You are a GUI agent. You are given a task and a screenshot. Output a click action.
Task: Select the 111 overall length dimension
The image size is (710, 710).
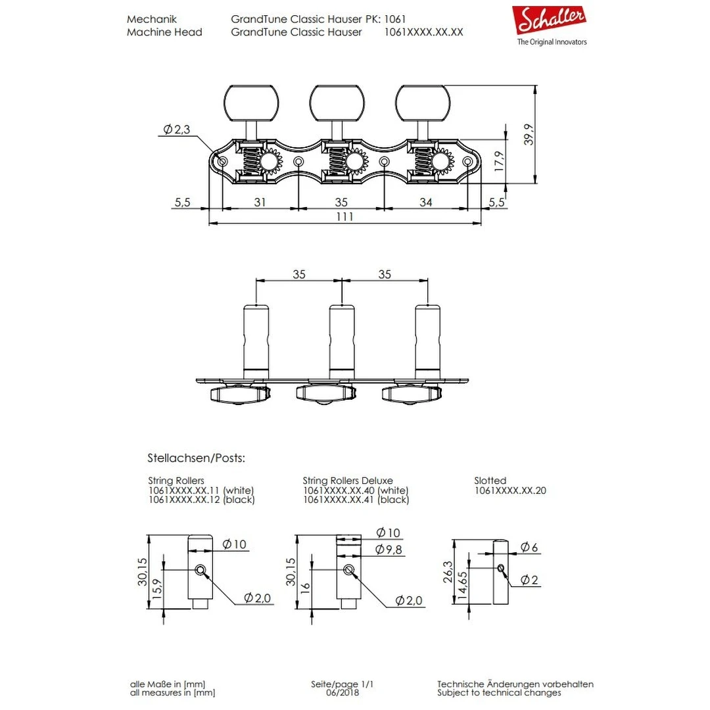[x=344, y=217]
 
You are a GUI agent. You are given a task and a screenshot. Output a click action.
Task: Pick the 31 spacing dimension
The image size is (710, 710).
[x=260, y=202]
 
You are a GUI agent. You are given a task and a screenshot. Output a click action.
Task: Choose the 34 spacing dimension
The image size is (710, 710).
[x=425, y=202]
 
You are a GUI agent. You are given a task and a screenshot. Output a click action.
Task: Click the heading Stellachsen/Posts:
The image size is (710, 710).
[x=196, y=458]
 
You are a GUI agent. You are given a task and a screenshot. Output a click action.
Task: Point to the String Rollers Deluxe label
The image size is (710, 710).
[x=348, y=481]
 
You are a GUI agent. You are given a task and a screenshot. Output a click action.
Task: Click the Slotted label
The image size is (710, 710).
[x=490, y=481]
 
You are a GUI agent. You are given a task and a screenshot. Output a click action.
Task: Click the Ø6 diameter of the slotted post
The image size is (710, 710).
[x=529, y=547]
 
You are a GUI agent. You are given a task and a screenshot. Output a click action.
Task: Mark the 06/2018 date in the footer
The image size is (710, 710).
[x=343, y=692]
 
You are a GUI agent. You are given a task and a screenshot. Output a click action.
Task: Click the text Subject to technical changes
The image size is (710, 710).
[x=499, y=692]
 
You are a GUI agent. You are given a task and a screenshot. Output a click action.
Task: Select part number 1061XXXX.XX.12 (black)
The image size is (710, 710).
[x=201, y=500]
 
